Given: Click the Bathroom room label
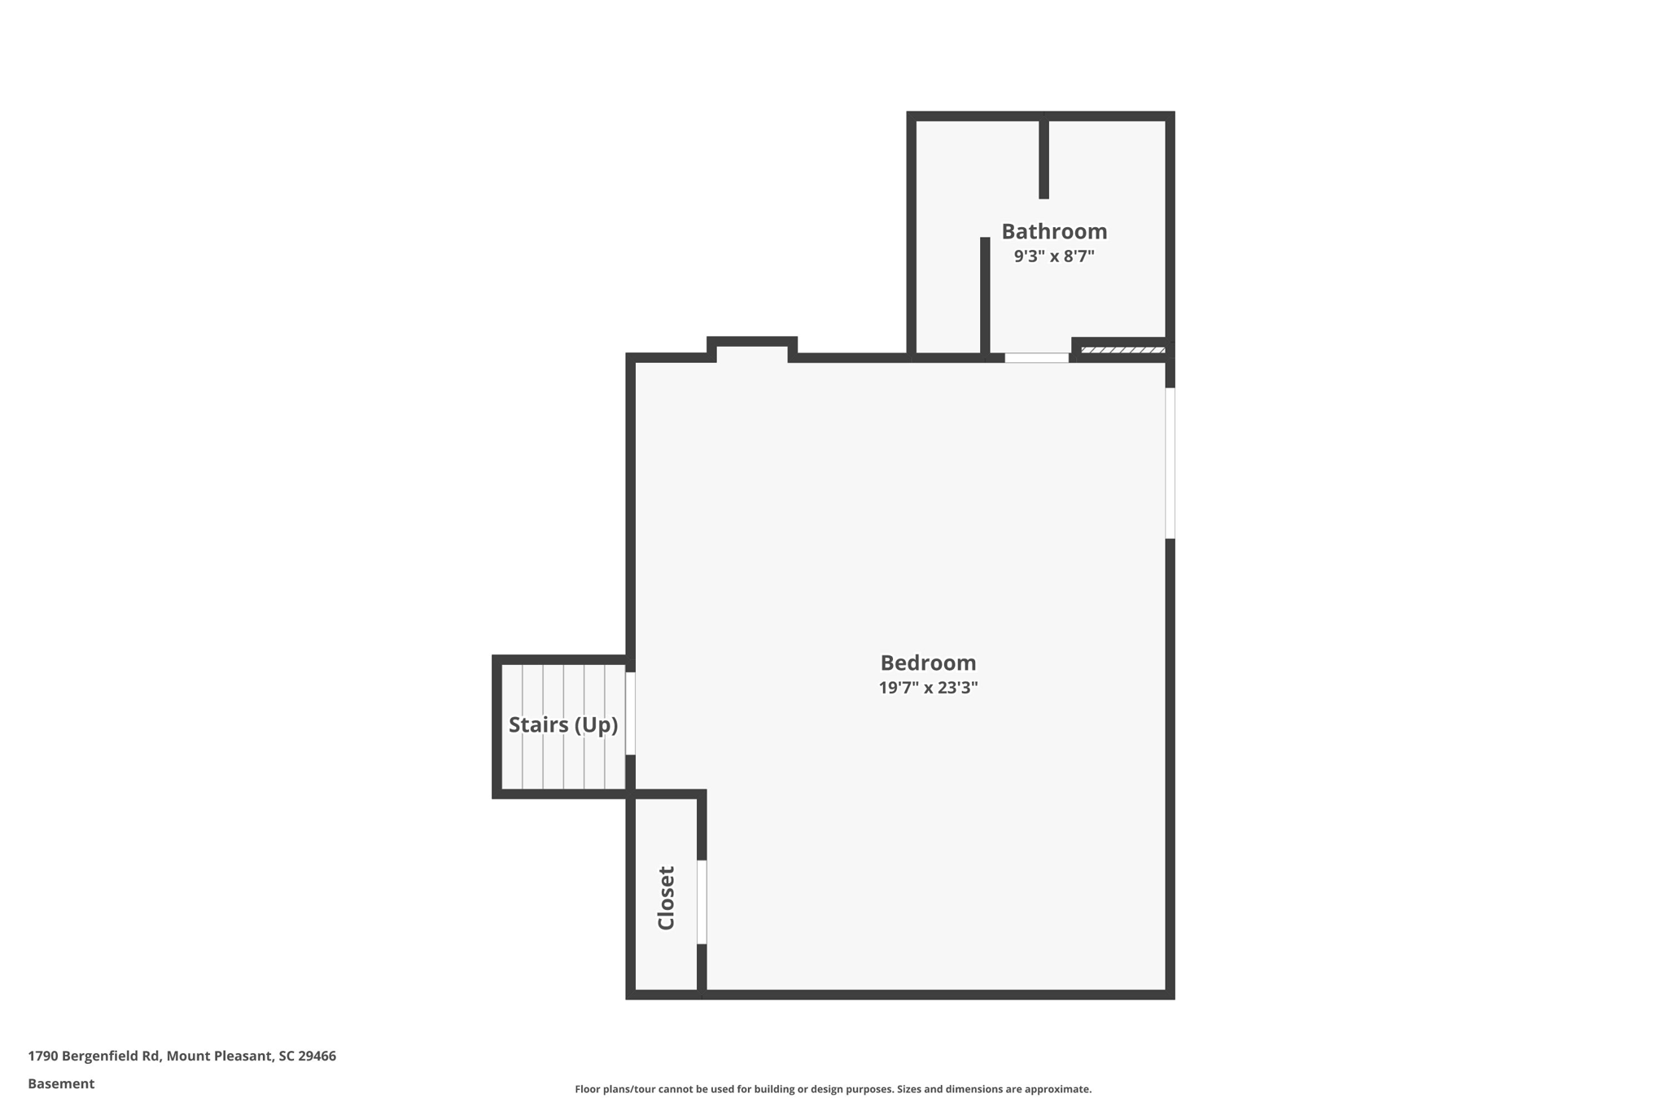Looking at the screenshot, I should coord(1053,232).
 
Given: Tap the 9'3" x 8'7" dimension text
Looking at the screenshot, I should coord(1053,256).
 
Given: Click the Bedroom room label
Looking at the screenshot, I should coord(928,663).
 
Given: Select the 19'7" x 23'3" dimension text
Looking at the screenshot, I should coord(928,688).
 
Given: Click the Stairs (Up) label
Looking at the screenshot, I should coord(562,724).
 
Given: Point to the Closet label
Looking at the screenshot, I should coord(666,898).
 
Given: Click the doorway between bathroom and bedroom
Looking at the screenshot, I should coord(1036,358).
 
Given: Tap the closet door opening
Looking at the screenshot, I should coord(702,902).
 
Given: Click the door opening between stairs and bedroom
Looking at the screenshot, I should coord(630,713).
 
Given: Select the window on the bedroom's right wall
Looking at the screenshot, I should coord(1170,462).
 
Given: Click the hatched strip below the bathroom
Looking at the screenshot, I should coord(1122,350).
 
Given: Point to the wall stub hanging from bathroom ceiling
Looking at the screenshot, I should coord(1044,159).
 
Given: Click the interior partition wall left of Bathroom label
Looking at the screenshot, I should coord(985,295).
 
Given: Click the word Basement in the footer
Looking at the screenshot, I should coord(61,1083).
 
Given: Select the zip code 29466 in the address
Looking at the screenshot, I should coord(317,1056).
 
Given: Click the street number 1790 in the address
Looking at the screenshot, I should coord(42,1056).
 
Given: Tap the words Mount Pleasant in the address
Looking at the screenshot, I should coord(219,1056).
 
